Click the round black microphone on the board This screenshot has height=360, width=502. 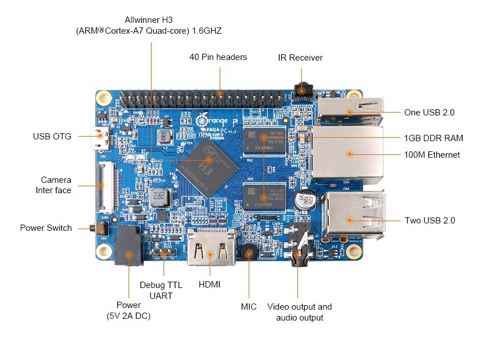coord(249,252)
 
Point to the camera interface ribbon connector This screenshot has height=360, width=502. coord(103,183)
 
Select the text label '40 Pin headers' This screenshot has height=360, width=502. coord(218,57)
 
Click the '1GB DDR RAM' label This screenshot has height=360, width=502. coord(433,138)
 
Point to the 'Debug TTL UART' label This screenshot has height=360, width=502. coord(161,290)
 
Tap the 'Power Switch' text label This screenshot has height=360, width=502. coord(46,228)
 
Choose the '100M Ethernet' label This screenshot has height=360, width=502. coord(432,154)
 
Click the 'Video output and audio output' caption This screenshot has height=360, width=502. coord(300,312)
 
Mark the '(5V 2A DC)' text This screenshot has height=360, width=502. coord(129,315)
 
